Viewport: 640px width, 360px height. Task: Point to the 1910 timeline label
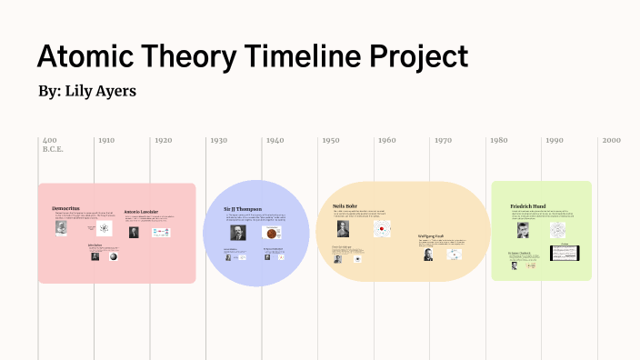tap(106, 141)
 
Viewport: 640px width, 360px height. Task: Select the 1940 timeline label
tap(275, 141)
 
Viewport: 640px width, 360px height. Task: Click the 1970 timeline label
tap(443, 141)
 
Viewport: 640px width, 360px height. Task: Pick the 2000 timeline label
tap(611, 141)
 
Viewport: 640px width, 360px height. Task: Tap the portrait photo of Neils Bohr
tap(343, 228)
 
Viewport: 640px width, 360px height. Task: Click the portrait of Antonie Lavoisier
tap(134, 232)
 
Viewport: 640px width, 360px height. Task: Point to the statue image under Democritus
tap(61, 227)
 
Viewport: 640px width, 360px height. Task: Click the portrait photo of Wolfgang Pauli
tap(428, 255)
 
